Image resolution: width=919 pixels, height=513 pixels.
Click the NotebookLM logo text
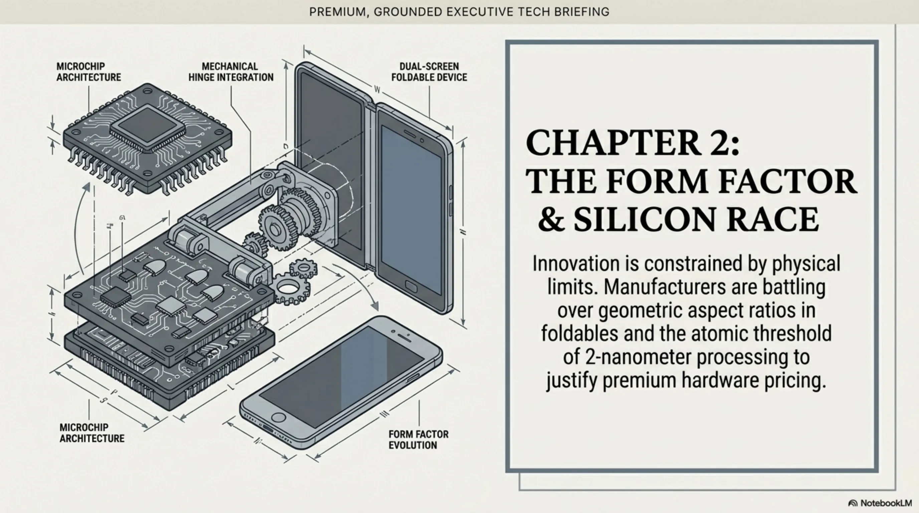[x=886, y=503]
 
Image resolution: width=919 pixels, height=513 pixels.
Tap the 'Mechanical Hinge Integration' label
[x=230, y=72]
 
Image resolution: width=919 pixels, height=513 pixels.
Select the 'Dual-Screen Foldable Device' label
[x=429, y=72]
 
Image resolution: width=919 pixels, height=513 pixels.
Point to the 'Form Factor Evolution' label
[x=418, y=440]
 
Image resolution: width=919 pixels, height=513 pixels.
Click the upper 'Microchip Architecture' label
[x=88, y=72]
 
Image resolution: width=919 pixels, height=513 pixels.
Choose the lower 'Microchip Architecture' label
[x=92, y=433]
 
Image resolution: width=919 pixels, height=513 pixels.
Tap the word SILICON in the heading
[x=644, y=219]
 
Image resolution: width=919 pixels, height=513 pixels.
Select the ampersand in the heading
[x=551, y=219]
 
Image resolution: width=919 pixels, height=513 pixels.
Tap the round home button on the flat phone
[x=278, y=417]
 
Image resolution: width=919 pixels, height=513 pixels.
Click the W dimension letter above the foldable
[x=377, y=89]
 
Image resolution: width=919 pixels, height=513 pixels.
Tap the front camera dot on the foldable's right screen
[x=422, y=141]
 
